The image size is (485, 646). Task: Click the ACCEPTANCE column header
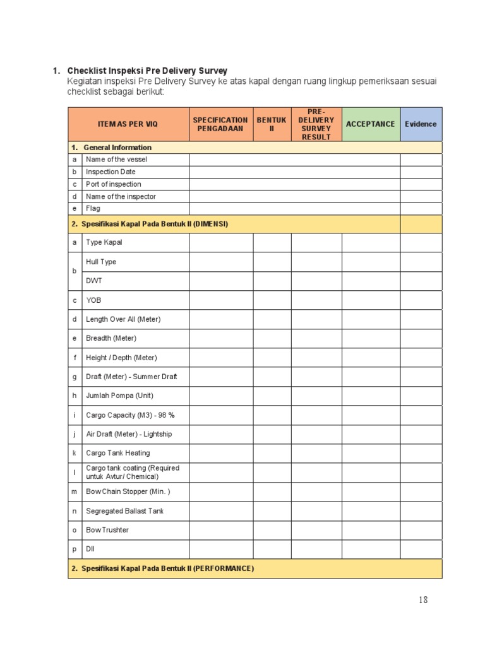[371, 124]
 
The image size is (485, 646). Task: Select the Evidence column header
[421, 124]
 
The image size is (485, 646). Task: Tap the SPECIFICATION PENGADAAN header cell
[220, 124]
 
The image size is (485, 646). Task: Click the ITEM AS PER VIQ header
[128, 124]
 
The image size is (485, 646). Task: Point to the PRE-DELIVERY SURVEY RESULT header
[316, 124]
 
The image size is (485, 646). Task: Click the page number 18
[422, 600]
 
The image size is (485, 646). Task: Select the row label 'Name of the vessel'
[116, 160]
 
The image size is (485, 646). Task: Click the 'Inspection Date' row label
[111, 172]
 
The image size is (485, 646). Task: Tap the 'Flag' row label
[93, 208]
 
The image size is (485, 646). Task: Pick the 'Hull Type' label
[101, 262]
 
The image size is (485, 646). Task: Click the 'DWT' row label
[93, 281]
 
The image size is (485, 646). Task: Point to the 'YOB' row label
[93, 300]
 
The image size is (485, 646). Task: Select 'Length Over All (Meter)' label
[123, 319]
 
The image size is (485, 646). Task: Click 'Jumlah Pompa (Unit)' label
[119, 396]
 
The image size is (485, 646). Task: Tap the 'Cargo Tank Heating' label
[117, 453]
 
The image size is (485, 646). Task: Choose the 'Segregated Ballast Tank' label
[124, 511]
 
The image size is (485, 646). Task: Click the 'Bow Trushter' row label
[107, 530]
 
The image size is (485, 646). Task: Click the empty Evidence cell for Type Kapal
[421, 243]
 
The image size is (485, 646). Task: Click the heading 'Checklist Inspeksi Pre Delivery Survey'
[147, 71]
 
